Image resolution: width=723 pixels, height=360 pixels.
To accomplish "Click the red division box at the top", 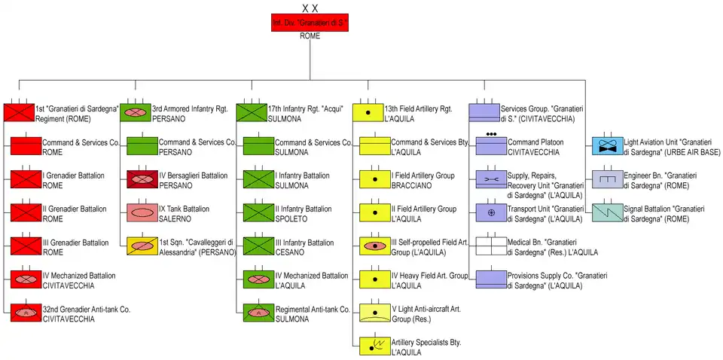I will coord(310,23).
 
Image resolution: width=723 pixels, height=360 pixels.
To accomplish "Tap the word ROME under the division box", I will coord(310,36).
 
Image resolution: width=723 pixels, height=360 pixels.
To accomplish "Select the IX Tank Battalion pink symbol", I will coord(140,212).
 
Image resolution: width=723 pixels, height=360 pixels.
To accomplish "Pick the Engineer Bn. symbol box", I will coord(607,179).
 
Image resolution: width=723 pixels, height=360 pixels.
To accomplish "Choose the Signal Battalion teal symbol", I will coord(607,212).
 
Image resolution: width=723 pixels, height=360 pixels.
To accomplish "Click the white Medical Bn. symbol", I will coord(490,246).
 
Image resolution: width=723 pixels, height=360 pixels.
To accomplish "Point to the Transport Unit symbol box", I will coord(490,212).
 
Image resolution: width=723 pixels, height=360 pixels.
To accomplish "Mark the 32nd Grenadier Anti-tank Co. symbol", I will coord(25,312).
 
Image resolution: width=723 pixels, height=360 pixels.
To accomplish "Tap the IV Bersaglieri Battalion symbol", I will coord(140,179).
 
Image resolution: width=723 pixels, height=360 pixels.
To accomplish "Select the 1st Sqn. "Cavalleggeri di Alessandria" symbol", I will coord(140,246).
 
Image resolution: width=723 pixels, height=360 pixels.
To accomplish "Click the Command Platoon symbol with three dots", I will coord(490,145).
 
